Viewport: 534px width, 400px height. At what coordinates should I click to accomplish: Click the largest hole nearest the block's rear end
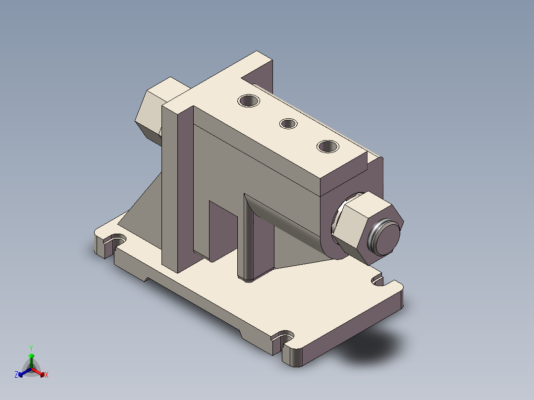coord(249,100)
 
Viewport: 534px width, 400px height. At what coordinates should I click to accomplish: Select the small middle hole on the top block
coord(288,123)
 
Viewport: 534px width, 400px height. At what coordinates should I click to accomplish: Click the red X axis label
coord(47,375)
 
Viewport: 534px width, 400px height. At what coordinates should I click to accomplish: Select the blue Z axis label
coord(16,375)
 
